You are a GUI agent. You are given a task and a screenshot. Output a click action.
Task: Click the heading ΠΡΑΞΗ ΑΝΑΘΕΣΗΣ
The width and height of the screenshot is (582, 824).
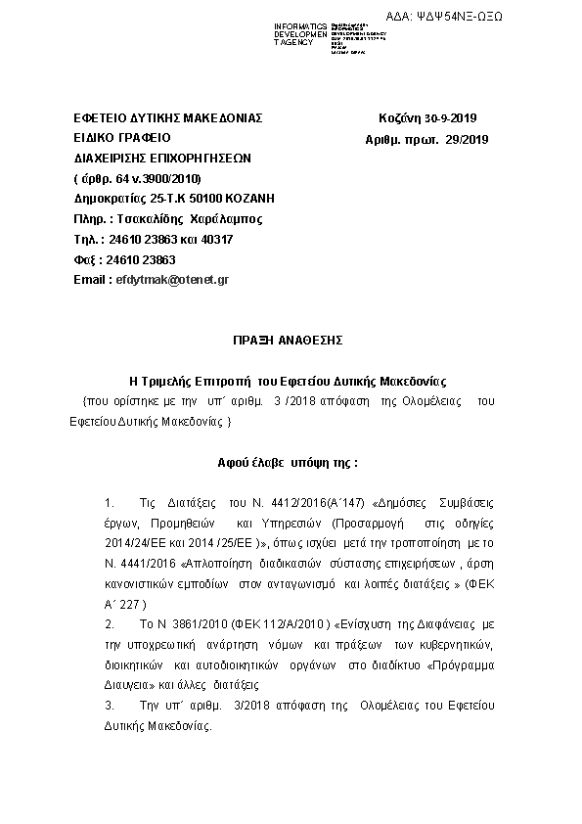[290, 340]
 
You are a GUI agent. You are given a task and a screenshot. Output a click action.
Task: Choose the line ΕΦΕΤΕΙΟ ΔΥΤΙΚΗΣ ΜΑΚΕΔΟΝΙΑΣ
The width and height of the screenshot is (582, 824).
[168, 118]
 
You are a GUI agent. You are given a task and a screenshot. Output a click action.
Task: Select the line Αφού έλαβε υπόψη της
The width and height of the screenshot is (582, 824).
[288, 460]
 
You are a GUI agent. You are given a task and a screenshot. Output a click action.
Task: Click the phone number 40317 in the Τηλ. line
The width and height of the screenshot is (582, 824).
[215, 239]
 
